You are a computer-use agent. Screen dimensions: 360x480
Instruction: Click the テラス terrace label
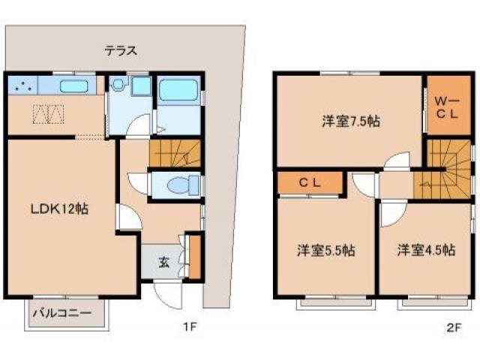pos(120,51)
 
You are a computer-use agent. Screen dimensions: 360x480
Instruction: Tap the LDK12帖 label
pos(60,209)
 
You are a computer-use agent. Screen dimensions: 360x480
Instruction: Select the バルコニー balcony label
pos(65,312)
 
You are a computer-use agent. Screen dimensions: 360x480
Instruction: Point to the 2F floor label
pos(452,327)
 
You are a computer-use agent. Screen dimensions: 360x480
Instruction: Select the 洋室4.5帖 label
pos(426,250)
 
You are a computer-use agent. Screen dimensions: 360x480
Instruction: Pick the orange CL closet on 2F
pos(310,182)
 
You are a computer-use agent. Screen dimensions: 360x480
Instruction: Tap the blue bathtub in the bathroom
pos(178,93)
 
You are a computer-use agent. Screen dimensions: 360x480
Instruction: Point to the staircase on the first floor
pos(175,154)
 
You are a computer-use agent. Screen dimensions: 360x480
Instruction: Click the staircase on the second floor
pos(445,169)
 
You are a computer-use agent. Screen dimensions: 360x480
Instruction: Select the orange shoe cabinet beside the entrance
pos(195,257)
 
